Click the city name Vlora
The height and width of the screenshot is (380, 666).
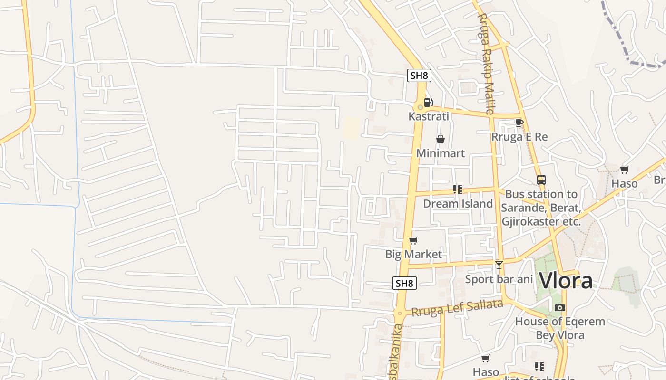pyautogui.click(x=566, y=281)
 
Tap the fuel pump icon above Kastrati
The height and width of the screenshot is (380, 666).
pyautogui.click(x=428, y=102)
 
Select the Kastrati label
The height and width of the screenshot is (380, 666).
pyautogui.click(x=428, y=116)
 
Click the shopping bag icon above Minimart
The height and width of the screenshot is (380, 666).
pyautogui.click(x=441, y=139)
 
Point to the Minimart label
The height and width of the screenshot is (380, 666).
pyautogui.click(x=441, y=153)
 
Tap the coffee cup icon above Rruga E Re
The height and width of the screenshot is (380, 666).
pyautogui.click(x=519, y=123)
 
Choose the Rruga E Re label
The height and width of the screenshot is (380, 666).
pyautogui.click(x=519, y=137)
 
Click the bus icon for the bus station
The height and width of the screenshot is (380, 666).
pyautogui.click(x=541, y=180)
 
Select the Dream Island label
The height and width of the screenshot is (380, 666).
pyautogui.click(x=458, y=204)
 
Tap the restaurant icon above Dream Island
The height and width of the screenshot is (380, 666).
pyautogui.click(x=458, y=190)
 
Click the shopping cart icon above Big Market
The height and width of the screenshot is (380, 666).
pyautogui.click(x=413, y=241)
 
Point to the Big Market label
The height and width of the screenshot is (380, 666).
pyautogui.click(x=413, y=254)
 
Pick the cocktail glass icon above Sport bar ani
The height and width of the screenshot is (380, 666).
pyautogui.click(x=499, y=265)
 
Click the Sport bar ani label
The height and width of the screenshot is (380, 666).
pyautogui.click(x=499, y=279)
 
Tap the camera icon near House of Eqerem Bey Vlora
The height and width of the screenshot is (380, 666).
pyautogui.click(x=560, y=308)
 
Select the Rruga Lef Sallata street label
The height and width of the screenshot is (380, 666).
pyautogui.click(x=457, y=308)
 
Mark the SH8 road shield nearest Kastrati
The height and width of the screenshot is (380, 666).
pyautogui.click(x=419, y=76)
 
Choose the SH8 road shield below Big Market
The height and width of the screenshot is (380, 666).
pyautogui.click(x=404, y=283)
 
